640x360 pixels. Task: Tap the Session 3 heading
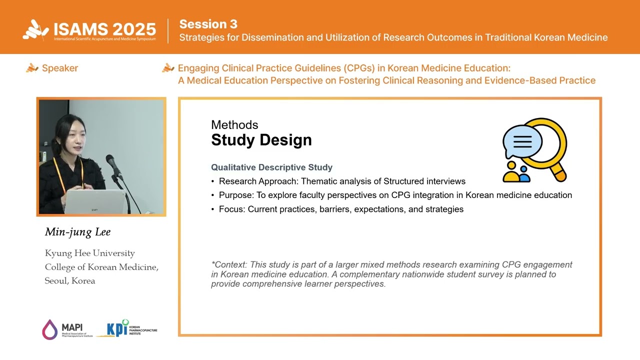point(208,24)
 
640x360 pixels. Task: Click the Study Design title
point(261,140)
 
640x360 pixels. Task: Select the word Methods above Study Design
point(234,125)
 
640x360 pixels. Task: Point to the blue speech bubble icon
point(522,141)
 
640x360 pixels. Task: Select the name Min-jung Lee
point(77,232)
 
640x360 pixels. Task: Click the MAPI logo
point(64,329)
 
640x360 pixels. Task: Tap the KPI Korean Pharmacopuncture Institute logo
point(131,328)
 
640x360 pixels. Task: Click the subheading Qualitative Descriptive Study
point(271,167)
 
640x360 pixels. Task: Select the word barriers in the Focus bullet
point(335,209)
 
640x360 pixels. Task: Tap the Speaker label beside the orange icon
point(59,68)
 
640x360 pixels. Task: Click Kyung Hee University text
point(89,253)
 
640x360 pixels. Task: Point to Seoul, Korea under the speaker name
point(69,280)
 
